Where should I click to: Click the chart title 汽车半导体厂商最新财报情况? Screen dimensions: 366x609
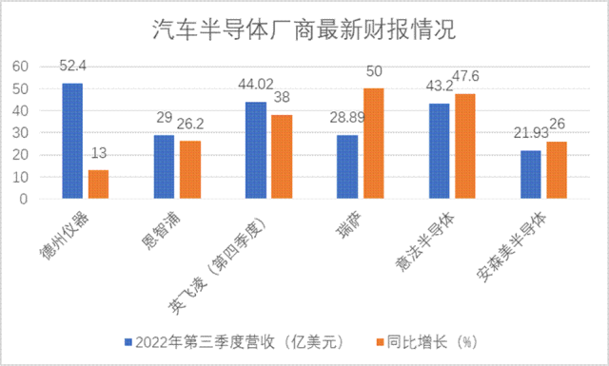click(304, 31)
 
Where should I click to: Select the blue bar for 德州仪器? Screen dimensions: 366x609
click(72, 141)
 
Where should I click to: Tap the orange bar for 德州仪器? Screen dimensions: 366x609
click(99, 184)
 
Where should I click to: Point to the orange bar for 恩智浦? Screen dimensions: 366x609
click(191, 170)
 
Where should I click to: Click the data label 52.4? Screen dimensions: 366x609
click(72, 67)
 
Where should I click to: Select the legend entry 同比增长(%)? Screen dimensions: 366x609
click(434, 340)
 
